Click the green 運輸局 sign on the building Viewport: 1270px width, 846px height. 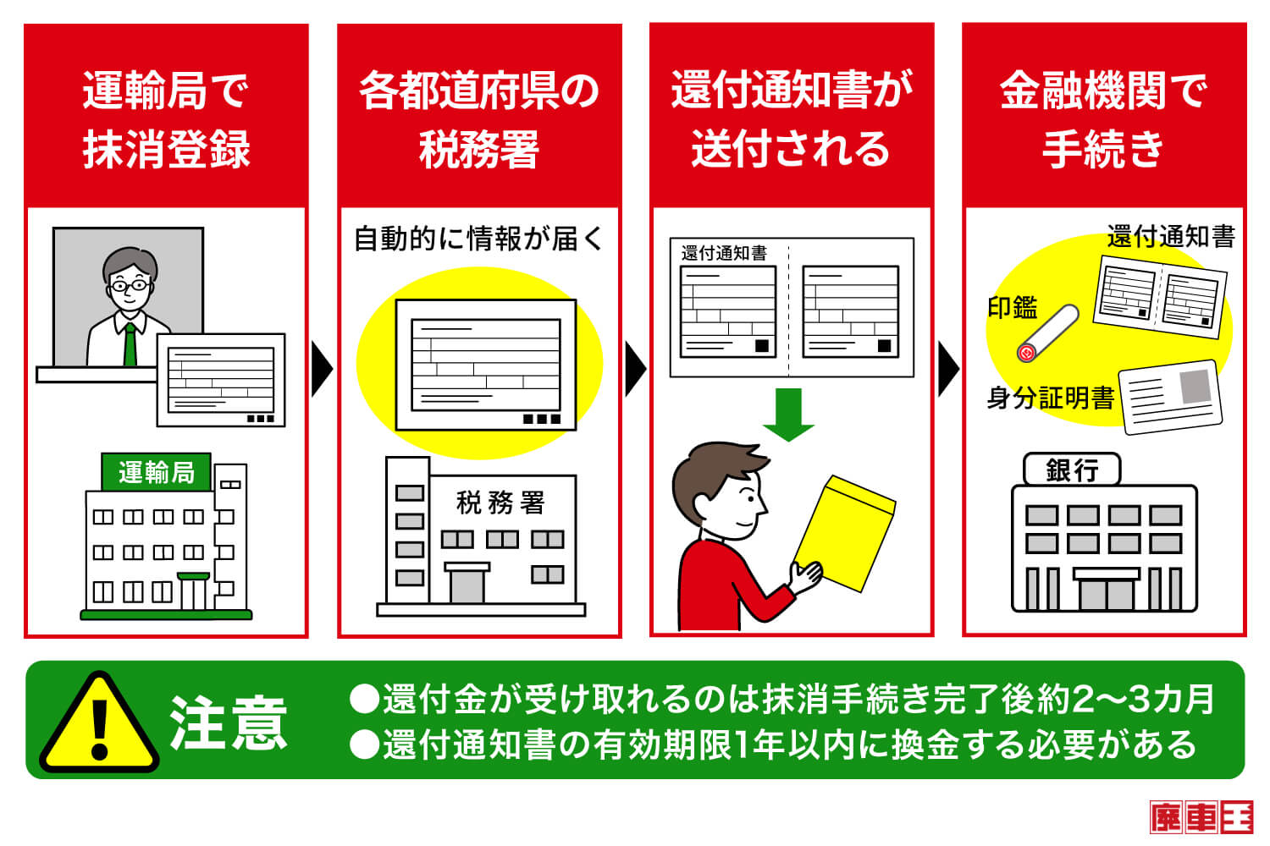click(156, 471)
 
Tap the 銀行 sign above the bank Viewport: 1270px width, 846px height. click(1072, 470)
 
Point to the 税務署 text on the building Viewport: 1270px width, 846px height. click(500, 503)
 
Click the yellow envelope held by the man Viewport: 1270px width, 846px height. click(845, 533)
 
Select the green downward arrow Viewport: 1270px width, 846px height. click(788, 415)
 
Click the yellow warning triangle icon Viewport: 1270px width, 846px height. click(99, 722)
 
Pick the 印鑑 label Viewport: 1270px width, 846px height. click(1013, 308)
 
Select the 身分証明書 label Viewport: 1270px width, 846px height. click(1051, 398)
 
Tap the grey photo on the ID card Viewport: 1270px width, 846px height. click(1195, 386)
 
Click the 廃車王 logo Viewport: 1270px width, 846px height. click(1201, 817)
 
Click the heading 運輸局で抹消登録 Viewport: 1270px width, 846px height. click(166, 119)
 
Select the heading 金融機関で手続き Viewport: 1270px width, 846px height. click(1103, 119)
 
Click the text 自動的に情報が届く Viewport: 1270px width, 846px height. click(479, 239)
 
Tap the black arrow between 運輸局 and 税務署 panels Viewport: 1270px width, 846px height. click(322, 368)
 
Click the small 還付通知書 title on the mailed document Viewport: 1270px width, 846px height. click(724, 253)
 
